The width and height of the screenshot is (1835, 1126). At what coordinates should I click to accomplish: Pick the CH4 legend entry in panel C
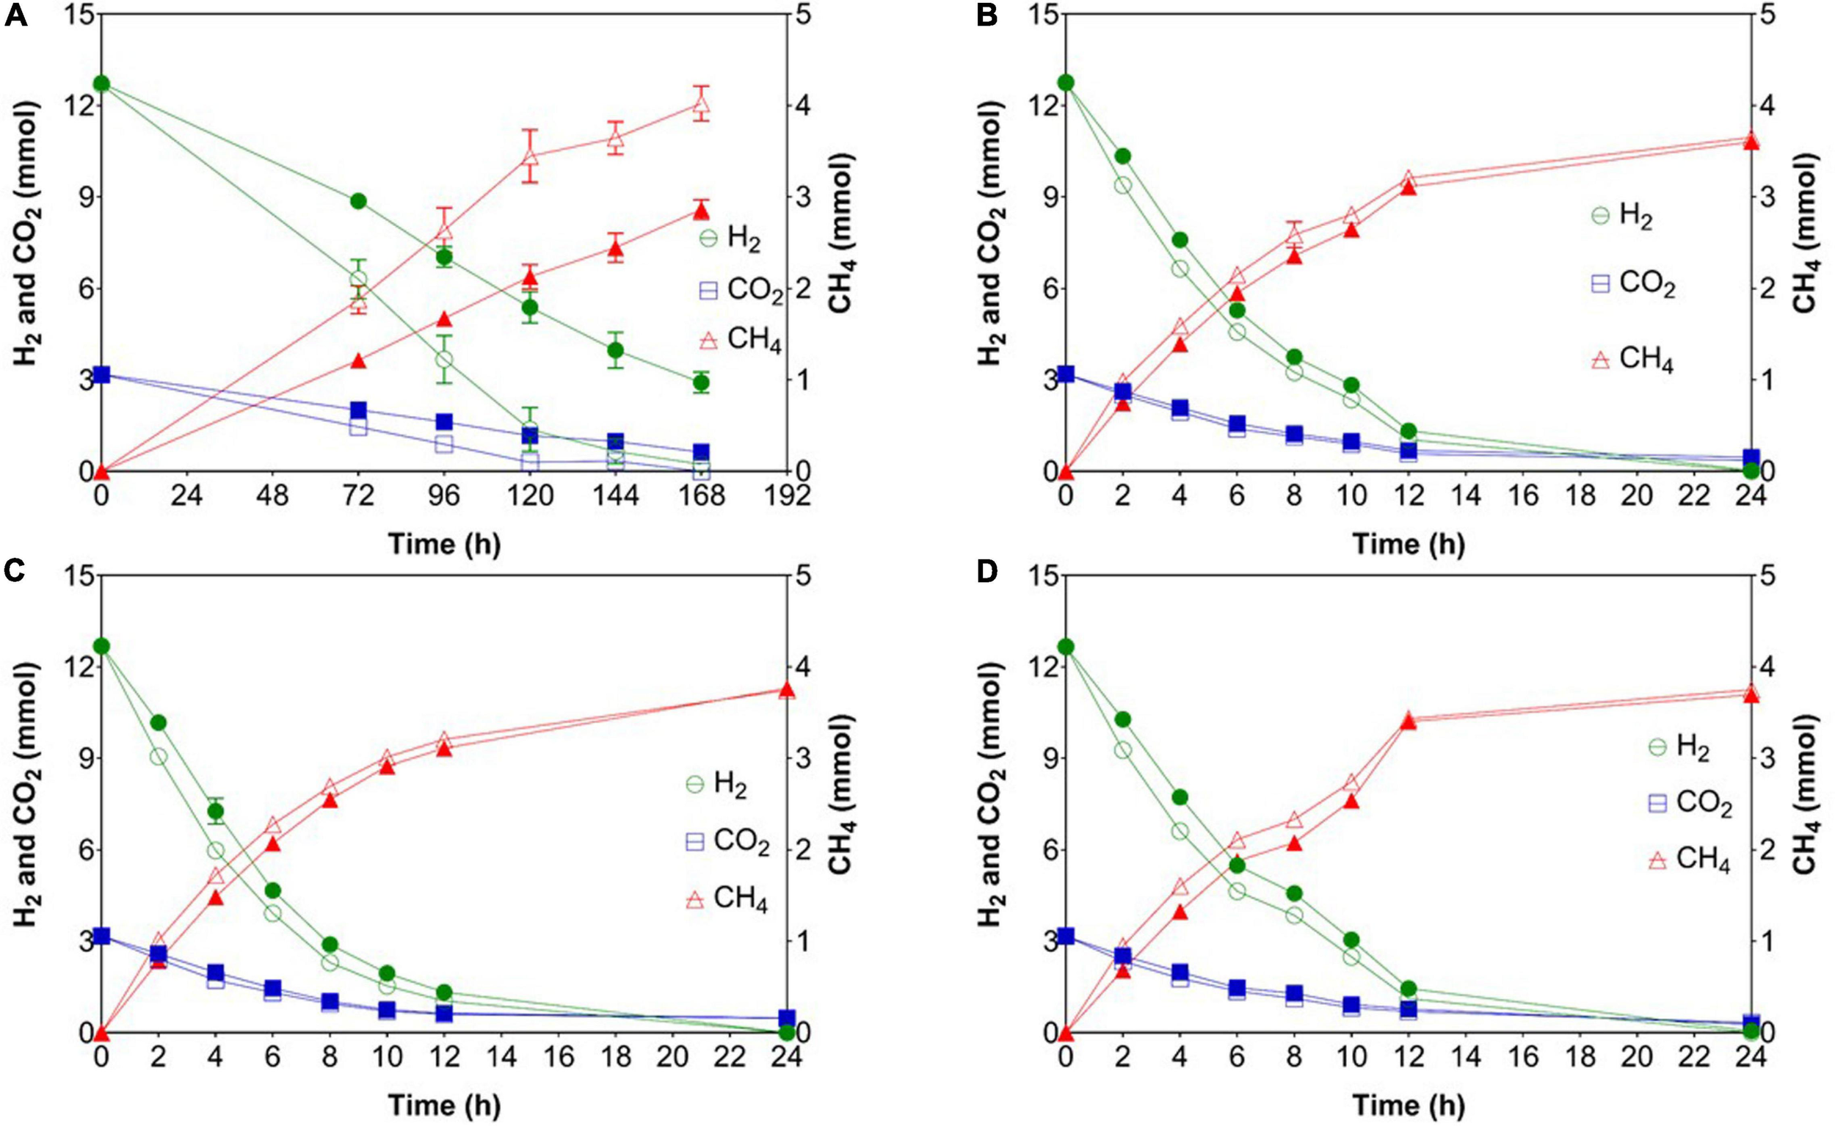tap(726, 899)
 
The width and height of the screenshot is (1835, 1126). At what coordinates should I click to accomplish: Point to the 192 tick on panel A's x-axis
tap(788, 495)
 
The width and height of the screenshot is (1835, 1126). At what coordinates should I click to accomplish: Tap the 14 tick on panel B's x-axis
tap(1466, 495)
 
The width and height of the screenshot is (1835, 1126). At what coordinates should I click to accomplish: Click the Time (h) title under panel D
tap(1409, 1105)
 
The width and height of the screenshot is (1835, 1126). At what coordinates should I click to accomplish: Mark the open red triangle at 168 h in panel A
tap(701, 104)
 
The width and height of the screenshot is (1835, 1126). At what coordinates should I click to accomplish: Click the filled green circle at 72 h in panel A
tap(358, 201)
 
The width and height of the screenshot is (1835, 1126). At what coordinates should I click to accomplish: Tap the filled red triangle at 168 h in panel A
tap(701, 211)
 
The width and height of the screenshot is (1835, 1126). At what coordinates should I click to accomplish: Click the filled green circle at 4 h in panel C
tap(216, 811)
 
